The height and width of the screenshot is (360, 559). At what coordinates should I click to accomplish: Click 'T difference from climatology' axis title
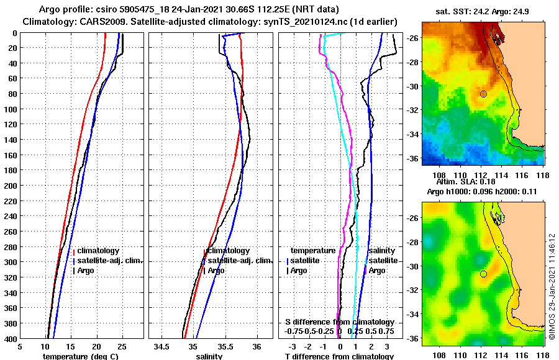coord(339,356)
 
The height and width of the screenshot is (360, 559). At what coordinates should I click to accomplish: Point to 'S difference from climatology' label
coord(340,322)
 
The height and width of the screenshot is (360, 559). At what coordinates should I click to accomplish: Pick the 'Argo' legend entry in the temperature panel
coord(87,271)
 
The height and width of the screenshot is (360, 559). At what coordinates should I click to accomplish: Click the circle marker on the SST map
coord(483,94)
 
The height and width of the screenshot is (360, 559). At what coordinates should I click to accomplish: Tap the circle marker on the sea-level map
coord(483,274)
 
